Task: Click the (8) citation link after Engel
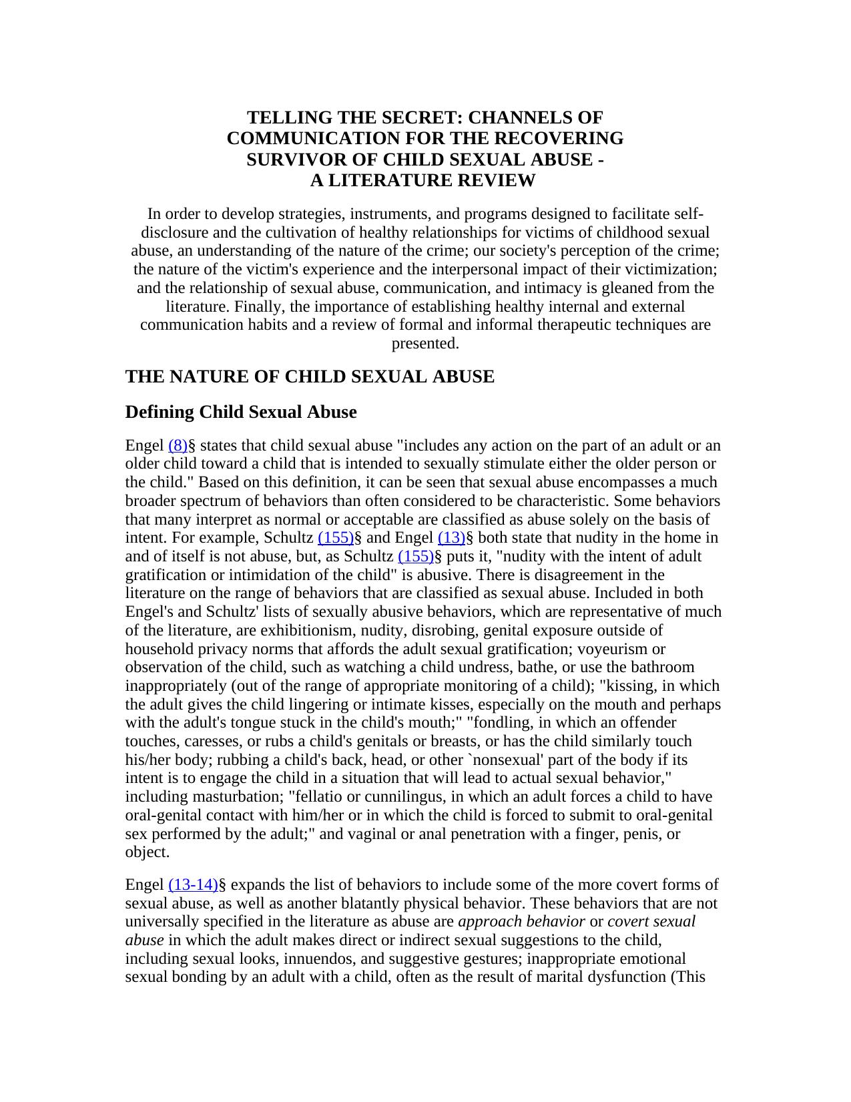[178, 445]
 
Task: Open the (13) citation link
[451, 538]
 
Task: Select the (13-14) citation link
[193, 885]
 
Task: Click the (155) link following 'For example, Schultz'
[336, 538]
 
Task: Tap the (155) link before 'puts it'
[416, 557]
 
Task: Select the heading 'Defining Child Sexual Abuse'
[241, 412]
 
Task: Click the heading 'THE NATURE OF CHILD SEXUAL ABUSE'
[310, 377]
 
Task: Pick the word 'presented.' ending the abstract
[425, 344]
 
